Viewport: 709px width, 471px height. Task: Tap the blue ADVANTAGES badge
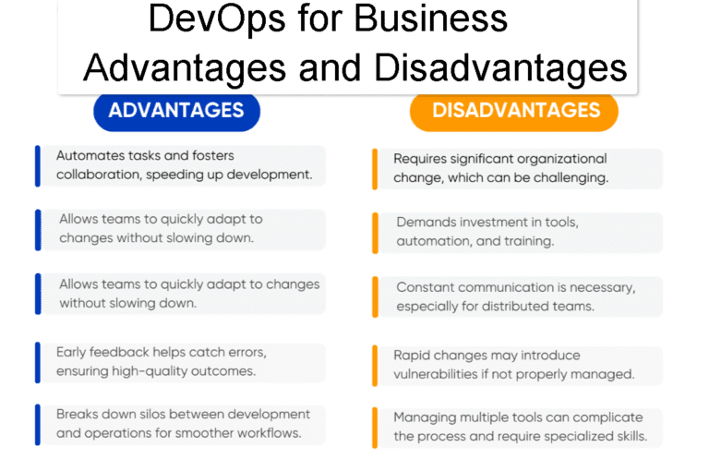pos(176,112)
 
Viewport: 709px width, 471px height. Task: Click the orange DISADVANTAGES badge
pos(515,112)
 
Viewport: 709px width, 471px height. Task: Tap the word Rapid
pos(413,356)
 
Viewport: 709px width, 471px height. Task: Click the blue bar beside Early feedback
pos(38,361)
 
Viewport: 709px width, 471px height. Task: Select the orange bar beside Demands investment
pos(376,231)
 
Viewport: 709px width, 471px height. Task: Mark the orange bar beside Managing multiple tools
pos(376,427)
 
